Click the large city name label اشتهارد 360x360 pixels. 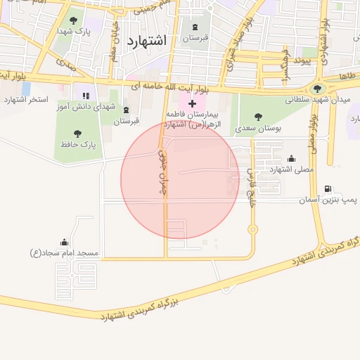click(x=147, y=41)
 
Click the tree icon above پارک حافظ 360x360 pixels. click(x=77, y=133)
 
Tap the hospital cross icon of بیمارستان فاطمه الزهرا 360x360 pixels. click(x=192, y=103)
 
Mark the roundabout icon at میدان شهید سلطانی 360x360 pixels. click(x=319, y=89)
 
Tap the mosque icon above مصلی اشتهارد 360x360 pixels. click(x=291, y=158)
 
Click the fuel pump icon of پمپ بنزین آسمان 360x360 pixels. click(x=328, y=189)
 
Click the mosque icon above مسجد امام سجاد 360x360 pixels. click(x=65, y=242)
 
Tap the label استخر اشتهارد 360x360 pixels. click(x=26, y=99)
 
